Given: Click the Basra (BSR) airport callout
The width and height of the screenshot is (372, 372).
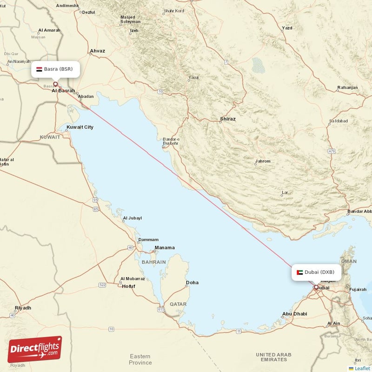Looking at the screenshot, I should point(55,69).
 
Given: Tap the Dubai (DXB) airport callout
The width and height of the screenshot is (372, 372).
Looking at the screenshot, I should point(316,272).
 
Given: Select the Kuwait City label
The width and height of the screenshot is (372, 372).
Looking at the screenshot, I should point(80,127).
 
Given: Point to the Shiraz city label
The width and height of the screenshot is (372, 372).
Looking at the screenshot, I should point(228,119).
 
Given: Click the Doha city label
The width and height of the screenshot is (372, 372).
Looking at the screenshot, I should point(192,282).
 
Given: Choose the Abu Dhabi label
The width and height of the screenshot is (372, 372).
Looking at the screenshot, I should point(294,314).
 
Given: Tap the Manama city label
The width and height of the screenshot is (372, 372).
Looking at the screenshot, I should point(165,248).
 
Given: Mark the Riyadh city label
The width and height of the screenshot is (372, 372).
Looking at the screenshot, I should point(23,308).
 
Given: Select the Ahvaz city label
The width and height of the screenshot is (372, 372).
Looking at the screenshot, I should point(98,51).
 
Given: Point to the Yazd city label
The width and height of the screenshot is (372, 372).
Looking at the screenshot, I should point(287,28).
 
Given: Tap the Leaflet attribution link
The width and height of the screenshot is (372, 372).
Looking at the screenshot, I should point(362,368).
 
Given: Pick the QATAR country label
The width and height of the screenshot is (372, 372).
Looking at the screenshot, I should point(178,304).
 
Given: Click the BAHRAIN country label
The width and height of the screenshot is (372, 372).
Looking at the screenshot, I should point(153,262).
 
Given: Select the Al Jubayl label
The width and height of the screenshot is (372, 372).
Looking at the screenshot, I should point(132,218).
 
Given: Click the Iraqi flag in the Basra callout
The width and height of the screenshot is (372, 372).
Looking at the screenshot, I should point(40,69).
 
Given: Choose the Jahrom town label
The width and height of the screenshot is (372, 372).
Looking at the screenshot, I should point(262,162).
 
